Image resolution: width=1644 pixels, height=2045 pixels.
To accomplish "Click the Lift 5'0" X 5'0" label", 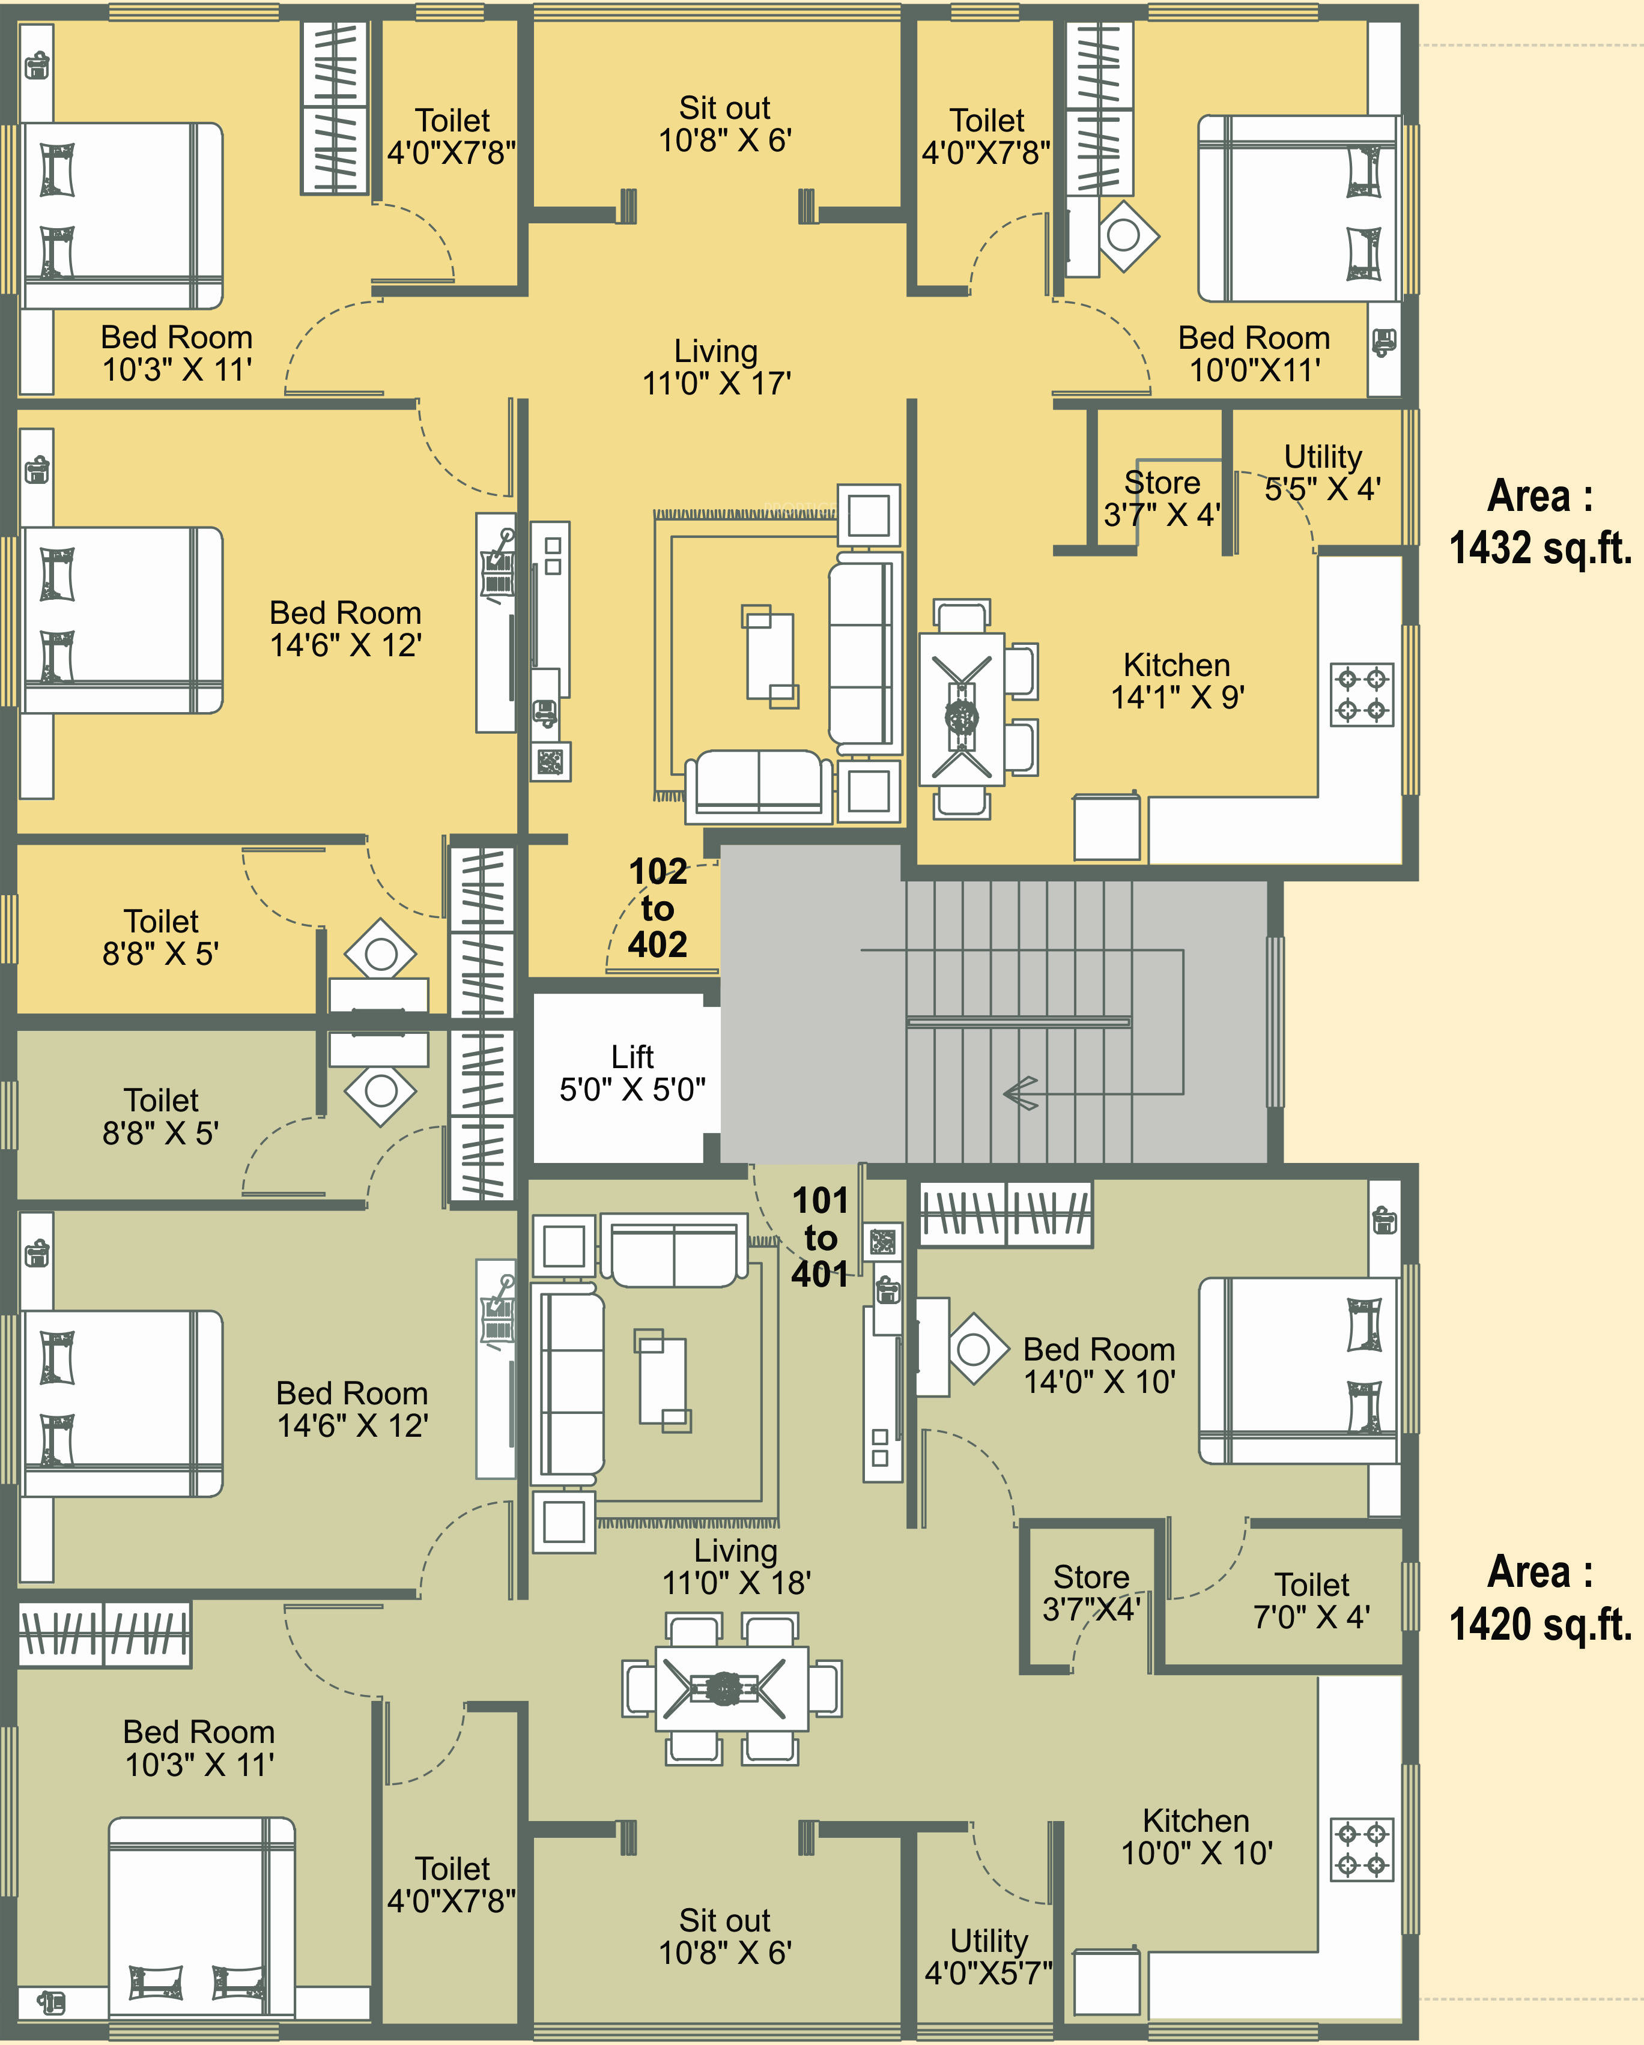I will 632,1073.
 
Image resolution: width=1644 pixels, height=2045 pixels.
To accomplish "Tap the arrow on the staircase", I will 1021,1093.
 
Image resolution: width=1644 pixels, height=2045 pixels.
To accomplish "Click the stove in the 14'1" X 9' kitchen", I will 1361,694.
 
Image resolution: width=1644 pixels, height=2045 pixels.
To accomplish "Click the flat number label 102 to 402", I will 657,908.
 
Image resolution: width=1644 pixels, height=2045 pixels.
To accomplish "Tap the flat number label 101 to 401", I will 820,1237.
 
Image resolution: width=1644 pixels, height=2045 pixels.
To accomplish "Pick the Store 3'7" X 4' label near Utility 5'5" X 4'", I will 1162,498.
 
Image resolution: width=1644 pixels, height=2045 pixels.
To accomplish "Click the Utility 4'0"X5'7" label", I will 989,1956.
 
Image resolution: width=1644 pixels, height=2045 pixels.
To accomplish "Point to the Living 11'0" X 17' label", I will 716,367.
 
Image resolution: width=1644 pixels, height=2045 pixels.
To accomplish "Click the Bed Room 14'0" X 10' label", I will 1099,1365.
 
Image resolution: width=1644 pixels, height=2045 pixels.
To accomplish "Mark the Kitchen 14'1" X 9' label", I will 1177,680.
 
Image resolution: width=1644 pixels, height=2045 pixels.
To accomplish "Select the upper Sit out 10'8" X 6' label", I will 725,123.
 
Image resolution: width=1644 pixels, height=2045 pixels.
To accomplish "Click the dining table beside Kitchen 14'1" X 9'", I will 962,708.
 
